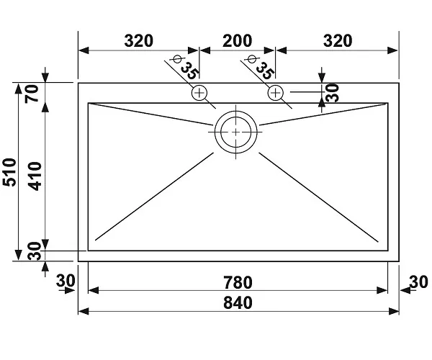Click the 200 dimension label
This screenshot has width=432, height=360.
click(x=237, y=40)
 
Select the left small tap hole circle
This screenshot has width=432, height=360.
click(x=199, y=92)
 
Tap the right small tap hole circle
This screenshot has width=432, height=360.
click(x=276, y=92)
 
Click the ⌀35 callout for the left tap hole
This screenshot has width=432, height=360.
click(x=185, y=68)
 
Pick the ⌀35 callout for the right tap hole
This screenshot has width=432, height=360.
click(x=260, y=68)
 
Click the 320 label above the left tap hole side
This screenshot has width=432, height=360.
click(x=138, y=40)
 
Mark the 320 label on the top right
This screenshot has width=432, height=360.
click(x=337, y=40)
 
